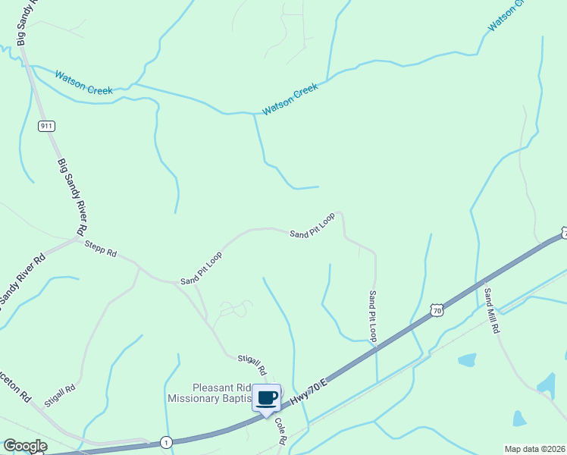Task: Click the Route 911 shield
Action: click(x=47, y=126)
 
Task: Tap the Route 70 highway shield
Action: click(x=435, y=309)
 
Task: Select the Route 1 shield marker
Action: click(x=164, y=442)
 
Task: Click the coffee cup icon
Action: click(x=266, y=397)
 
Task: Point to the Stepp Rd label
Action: click(x=101, y=248)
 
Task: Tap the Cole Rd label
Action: click(x=280, y=430)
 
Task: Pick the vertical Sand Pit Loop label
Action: click(x=373, y=316)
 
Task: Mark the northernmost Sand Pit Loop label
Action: click(x=312, y=225)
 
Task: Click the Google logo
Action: click(x=25, y=446)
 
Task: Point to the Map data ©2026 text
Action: click(x=534, y=449)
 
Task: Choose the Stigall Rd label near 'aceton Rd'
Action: click(x=61, y=396)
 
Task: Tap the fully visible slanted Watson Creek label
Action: click(x=291, y=99)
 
